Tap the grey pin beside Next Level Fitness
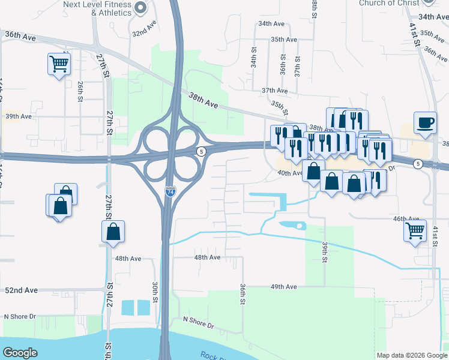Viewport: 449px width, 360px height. (140, 8)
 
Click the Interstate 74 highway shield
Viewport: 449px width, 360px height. (170, 192)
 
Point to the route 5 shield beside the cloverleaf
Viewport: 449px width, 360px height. (202, 151)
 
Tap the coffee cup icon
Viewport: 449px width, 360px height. (426, 122)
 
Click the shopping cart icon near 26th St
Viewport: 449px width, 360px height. (59, 63)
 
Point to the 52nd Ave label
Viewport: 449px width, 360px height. (21, 290)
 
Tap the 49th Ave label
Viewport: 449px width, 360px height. (283, 287)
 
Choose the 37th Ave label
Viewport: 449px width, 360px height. (276, 91)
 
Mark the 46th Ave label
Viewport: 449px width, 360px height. (406, 219)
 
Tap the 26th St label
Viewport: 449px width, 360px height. (79, 91)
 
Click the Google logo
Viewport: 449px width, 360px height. (20, 353)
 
